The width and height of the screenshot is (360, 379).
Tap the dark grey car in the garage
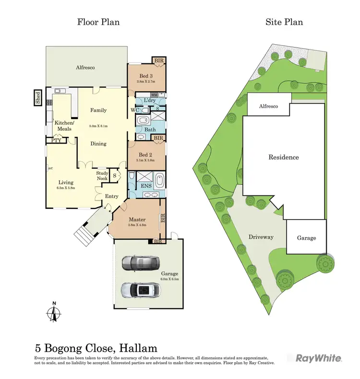pyautogui.click(x=140, y=262)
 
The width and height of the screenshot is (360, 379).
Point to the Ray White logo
pyautogui.click(x=318, y=358)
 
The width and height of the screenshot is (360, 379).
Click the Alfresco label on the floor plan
pyautogui.click(x=85, y=68)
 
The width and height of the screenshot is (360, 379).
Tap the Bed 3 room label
pyautogui.click(x=146, y=76)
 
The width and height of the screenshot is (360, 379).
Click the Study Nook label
pyautogui.click(x=102, y=176)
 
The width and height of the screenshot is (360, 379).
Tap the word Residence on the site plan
pyautogui.click(x=283, y=157)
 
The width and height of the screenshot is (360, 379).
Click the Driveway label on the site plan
pyautogui.click(x=261, y=237)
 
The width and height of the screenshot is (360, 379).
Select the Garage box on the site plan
pyautogui.click(x=306, y=237)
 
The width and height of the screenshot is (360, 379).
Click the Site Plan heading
pyautogui.click(x=284, y=22)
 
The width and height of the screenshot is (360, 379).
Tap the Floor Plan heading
pyautogui.click(x=99, y=22)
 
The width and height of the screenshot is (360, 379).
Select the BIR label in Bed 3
pyautogui.click(x=158, y=61)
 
